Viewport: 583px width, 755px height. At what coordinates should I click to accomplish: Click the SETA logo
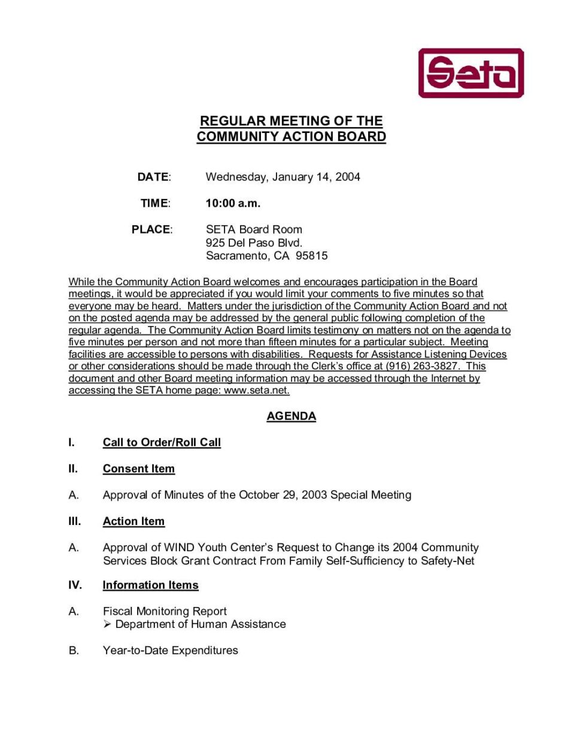(x=470, y=73)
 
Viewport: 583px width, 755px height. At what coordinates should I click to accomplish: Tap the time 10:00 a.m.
(x=233, y=203)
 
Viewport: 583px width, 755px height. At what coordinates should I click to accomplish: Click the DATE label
(x=153, y=177)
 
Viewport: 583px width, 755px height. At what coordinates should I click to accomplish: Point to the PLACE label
(x=151, y=229)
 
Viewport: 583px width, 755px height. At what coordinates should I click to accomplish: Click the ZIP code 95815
(x=312, y=256)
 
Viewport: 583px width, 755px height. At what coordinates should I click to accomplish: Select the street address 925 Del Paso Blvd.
(x=254, y=243)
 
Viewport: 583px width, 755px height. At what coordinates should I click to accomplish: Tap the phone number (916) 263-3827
(x=422, y=366)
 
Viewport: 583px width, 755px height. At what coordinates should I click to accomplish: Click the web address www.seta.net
(x=256, y=390)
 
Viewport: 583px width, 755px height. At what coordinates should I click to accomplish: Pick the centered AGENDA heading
(x=291, y=416)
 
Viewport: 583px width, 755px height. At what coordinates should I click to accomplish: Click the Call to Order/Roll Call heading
(x=162, y=442)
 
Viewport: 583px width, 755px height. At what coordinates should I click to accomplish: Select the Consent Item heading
(x=138, y=469)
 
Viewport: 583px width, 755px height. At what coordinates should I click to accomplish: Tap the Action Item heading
(x=133, y=521)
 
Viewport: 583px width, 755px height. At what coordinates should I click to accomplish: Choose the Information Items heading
(x=150, y=585)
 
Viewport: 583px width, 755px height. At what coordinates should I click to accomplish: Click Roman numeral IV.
(x=75, y=585)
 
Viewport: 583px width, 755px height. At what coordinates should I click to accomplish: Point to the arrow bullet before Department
(x=107, y=624)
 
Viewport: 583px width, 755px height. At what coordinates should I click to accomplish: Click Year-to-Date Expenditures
(x=170, y=650)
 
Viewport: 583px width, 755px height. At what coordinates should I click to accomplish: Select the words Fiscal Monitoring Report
(x=165, y=611)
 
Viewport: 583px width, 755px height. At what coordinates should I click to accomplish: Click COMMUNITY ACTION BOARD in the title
(x=291, y=137)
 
